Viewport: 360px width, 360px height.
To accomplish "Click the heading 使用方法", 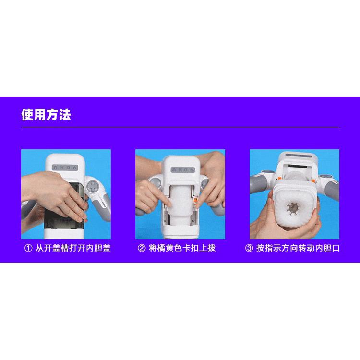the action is point(46,115).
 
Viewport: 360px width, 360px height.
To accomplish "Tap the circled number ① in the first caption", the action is point(28,248).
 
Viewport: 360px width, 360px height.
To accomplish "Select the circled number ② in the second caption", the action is point(142,248).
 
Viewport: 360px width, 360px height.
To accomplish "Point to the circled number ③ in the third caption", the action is point(249,248).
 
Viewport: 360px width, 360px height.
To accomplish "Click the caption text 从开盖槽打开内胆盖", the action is point(73,248).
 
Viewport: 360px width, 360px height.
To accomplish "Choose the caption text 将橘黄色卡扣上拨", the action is point(182,248).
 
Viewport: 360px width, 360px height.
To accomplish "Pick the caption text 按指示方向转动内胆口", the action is point(298,248).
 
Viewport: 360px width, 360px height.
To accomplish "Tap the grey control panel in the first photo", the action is point(65,168).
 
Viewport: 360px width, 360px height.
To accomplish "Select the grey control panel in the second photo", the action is point(183,170).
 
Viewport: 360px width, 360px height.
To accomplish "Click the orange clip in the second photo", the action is point(196,200).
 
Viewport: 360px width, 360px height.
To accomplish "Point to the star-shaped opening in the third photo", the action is point(292,208).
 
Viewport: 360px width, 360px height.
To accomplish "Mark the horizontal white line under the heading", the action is point(180,127).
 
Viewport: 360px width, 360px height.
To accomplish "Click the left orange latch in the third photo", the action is point(279,178).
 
